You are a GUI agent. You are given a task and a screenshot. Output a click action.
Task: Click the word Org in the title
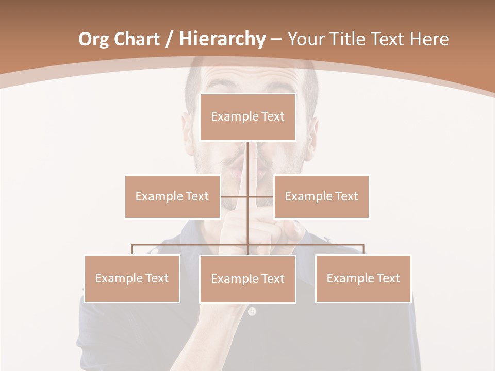tap(93, 39)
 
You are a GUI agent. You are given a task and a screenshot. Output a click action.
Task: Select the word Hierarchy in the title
tap(222, 39)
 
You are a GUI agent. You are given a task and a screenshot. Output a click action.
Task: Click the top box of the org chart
tap(247, 117)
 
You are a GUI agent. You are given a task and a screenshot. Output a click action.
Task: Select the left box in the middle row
tap(172, 196)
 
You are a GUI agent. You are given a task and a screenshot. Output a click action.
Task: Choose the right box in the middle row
tap(321, 196)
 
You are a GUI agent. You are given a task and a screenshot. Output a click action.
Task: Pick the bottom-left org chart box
tap(132, 278)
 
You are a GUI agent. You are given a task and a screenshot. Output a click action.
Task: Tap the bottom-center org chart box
tap(247, 279)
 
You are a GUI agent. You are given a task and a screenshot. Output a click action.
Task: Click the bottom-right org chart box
tap(364, 278)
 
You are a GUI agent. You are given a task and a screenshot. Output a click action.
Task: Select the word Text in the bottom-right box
tap(388, 278)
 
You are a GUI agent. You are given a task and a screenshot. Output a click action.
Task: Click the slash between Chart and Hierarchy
tap(169, 39)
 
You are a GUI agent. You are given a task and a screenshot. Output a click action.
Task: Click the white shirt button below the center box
tap(252, 311)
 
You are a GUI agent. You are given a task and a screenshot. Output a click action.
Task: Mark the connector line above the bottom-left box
tap(132, 249)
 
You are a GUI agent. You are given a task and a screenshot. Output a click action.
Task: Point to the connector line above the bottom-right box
tap(364, 249)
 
